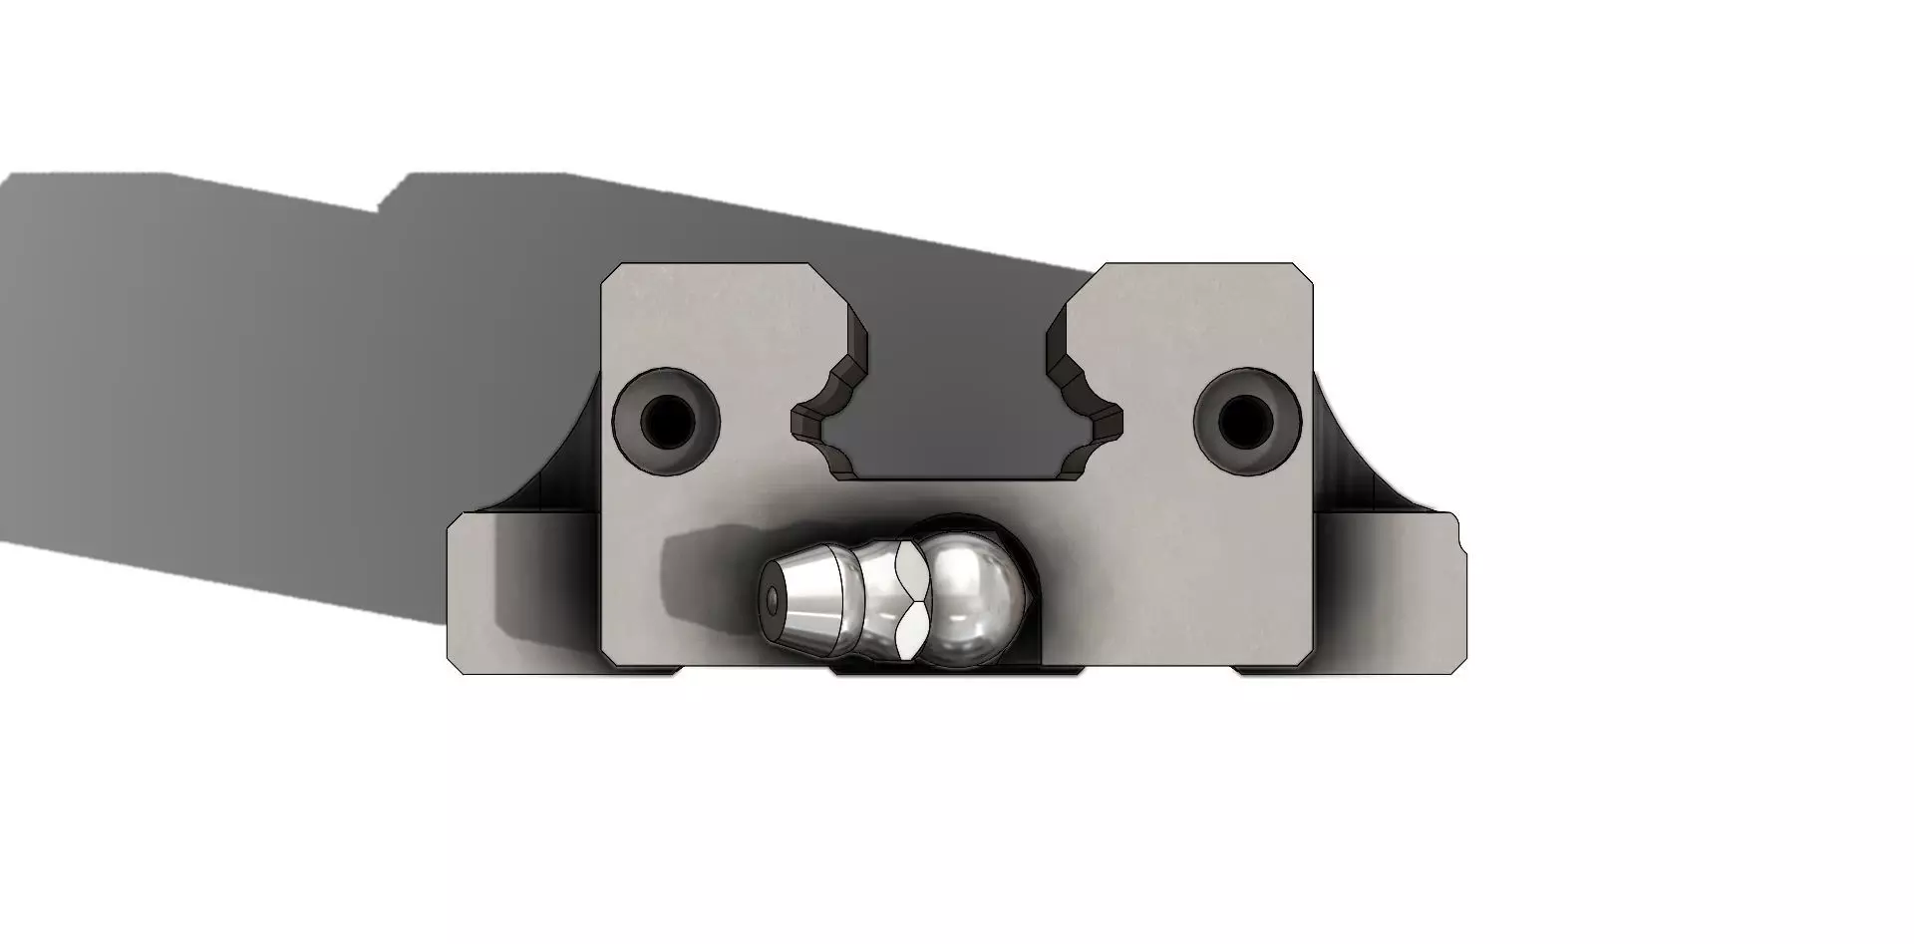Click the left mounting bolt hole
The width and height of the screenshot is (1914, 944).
click(x=667, y=423)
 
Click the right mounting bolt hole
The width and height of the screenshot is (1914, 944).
click(x=1246, y=421)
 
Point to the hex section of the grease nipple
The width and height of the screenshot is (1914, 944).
click(x=909, y=597)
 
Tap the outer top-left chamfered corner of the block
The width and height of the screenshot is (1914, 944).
click(x=612, y=273)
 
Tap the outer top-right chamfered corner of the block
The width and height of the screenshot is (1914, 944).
click(x=1303, y=273)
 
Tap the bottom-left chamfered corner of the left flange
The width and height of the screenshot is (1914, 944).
click(x=456, y=666)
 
